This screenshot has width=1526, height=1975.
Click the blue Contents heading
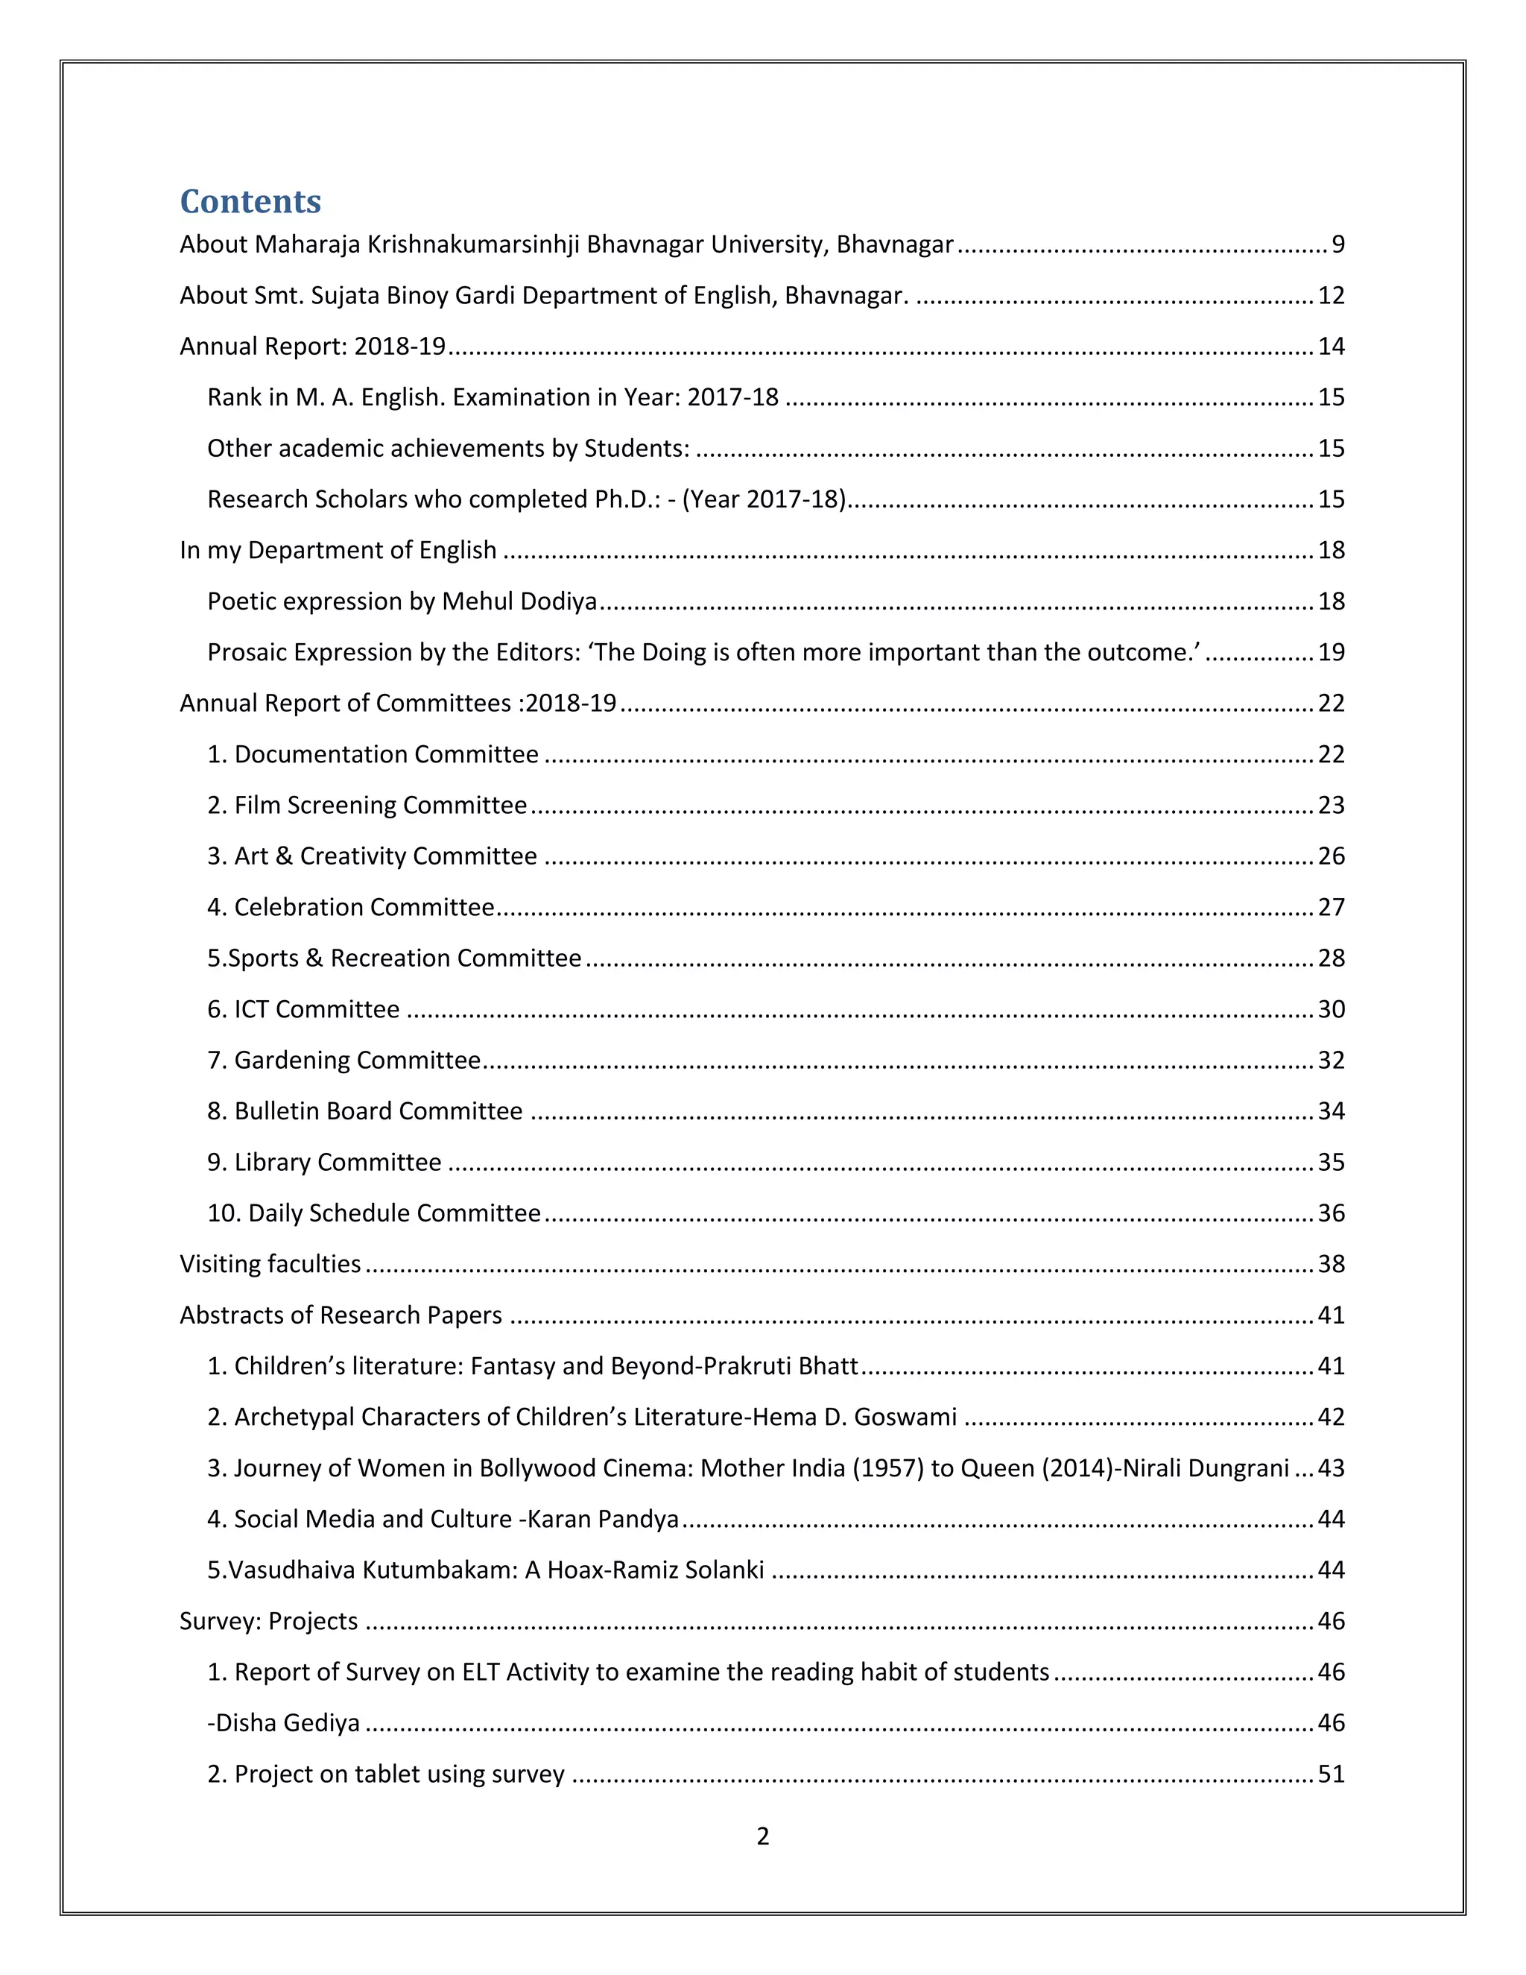250,200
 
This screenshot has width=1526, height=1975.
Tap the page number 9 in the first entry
1338,244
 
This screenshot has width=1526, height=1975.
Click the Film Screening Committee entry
367,805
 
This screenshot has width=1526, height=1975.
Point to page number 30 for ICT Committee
1331,1009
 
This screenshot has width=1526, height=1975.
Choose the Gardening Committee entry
344,1060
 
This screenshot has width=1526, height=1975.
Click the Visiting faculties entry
270,1263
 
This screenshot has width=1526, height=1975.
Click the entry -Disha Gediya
284,1722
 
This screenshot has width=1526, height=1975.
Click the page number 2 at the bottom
762,1836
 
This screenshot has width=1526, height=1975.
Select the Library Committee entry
325,1162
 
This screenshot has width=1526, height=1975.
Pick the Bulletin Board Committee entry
365,1110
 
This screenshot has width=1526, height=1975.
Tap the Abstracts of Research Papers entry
341,1315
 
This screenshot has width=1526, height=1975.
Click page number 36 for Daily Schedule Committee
1331,1213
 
